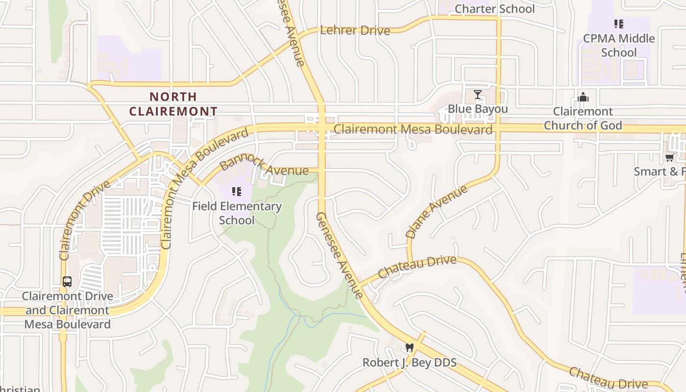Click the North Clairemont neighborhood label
pos(173,104)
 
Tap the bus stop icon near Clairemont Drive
pos(67,282)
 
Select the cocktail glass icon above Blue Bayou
pos(478,95)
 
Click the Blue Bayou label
pos(478,109)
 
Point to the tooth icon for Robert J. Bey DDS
pos(410,348)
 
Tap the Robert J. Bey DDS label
pos(410,363)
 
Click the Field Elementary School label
pos(237,213)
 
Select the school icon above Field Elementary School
pos(237,192)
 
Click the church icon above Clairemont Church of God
pos(583,97)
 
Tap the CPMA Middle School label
pos(619,45)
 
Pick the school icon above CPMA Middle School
pos(619,24)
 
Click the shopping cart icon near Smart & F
pos(669,157)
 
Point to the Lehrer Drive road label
pos(355,30)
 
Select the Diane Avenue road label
pos(437,212)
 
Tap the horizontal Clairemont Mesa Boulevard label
pos(413,129)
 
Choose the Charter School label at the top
pos(495,9)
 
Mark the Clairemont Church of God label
pos(583,119)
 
